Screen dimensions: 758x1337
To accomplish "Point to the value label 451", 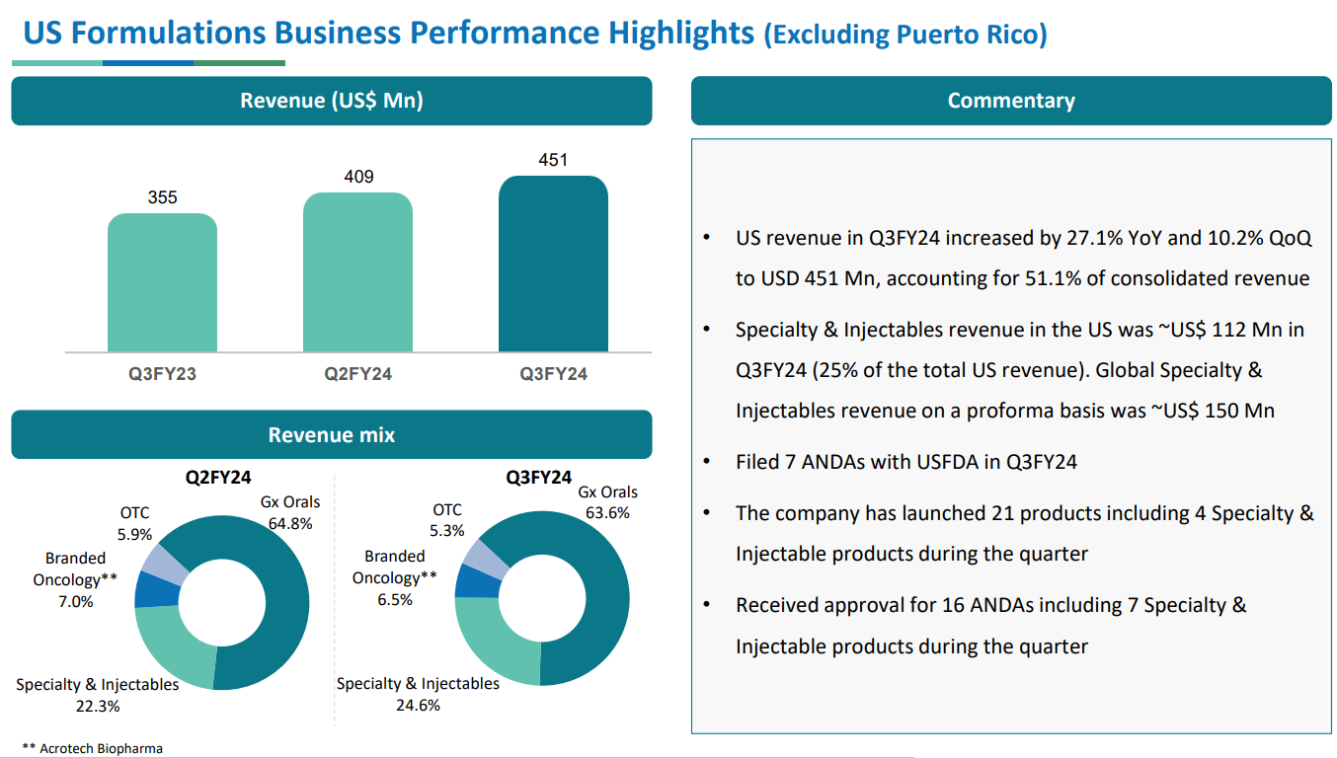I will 553,160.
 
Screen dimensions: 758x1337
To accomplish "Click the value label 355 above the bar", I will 163,197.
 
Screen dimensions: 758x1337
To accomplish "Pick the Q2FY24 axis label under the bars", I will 357,374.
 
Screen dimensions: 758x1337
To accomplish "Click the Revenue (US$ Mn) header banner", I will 332,101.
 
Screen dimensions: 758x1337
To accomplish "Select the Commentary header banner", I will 1011,101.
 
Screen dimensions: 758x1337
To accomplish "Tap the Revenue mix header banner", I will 332,434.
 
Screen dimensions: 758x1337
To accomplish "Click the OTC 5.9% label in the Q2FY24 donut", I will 135,524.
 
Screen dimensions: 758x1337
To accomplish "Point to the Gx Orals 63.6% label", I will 607,502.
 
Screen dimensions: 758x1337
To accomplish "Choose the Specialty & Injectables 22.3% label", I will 98,695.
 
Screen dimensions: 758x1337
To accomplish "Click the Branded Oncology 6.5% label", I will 395,578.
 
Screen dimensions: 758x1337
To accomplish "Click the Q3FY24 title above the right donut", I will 539,478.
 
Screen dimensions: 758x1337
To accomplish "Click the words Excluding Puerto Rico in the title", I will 904,36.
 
